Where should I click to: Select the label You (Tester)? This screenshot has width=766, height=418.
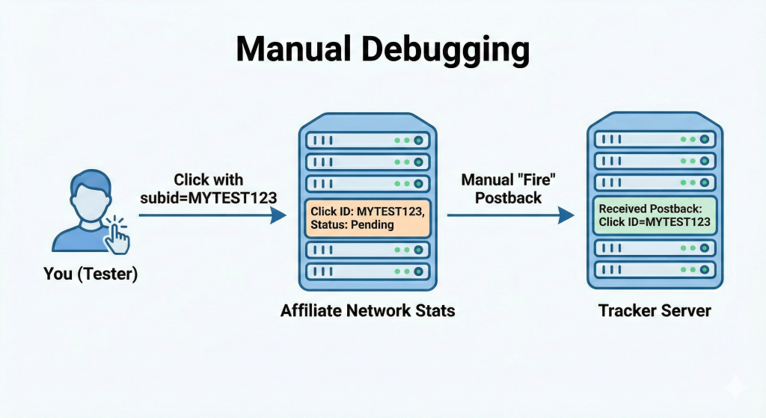click(x=91, y=274)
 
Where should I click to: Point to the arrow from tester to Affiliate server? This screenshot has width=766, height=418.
click(x=212, y=216)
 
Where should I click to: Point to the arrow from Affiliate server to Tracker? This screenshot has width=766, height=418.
click(x=510, y=216)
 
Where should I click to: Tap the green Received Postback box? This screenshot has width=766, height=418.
click(x=654, y=215)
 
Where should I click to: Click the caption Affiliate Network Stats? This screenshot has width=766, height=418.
click(x=367, y=310)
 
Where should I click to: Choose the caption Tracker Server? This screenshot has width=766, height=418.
click(x=655, y=310)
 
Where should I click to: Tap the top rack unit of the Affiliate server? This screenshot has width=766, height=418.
click(x=367, y=140)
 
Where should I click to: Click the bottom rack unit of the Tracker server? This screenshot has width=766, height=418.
click(x=654, y=269)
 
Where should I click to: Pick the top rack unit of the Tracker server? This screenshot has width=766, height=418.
click(x=654, y=139)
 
